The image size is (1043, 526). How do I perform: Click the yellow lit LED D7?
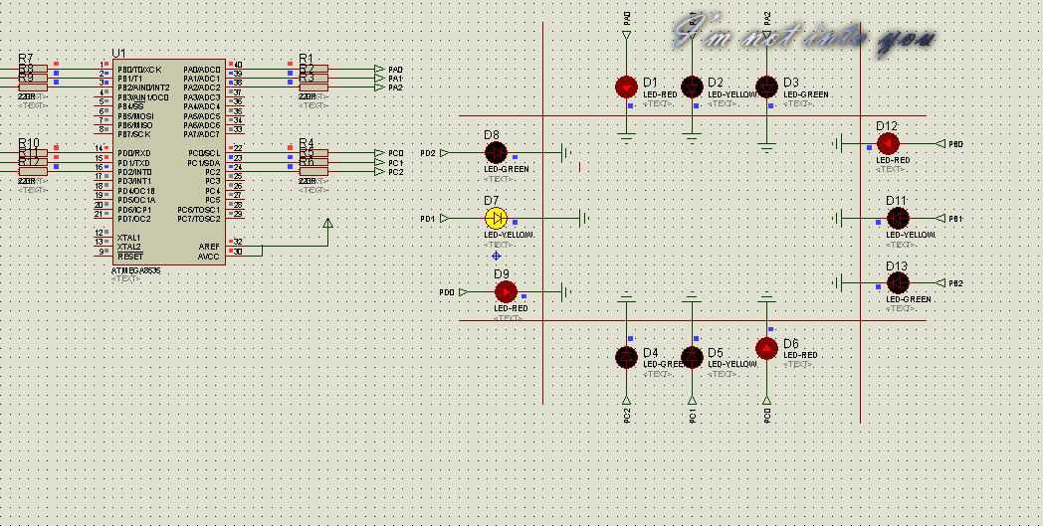[x=496, y=218]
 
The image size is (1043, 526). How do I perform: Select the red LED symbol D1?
[x=626, y=88]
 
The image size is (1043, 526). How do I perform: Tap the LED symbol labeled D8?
[x=496, y=152]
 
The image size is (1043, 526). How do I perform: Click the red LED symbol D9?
[x=507, y=291]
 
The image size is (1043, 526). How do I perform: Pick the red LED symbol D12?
[x=887, y=144]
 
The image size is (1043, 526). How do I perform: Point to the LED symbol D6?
[x=766, y=348]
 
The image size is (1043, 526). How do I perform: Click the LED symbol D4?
[x=626, y=356]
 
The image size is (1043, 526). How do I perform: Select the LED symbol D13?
[x=898, y=283]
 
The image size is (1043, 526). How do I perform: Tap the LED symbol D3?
[x=766, y=88]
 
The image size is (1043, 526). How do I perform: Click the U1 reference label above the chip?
[x=119, y=53]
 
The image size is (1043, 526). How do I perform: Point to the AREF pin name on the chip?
[x=209, y=247]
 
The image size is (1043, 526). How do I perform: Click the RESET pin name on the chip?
[x=129, y=256]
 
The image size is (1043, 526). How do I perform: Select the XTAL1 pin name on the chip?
[x=128, y=238]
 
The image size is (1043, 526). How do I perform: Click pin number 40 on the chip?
[x=238, y=65]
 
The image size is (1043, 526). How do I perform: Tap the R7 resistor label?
[x=26, y=58]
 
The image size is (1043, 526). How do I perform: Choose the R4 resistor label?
[x=307, y=143]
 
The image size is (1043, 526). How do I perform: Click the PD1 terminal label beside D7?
[x=427, y=219]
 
